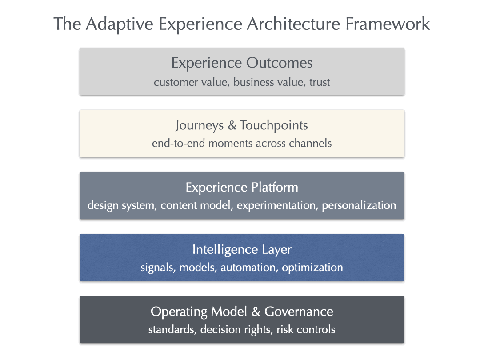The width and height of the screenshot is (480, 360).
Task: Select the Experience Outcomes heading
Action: (x=242, y=63)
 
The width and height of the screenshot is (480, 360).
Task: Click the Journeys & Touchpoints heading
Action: (x=242, y=125)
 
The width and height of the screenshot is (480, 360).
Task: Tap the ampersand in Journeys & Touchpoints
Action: (x=232, y=125)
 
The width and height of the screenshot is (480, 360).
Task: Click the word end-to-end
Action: (x=178, y=144)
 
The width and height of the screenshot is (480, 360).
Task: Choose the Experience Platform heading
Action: (x=242, y=187)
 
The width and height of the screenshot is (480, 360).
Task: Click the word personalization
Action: (x=359, y=206)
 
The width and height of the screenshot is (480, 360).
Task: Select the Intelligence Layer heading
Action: (x=242, y=249)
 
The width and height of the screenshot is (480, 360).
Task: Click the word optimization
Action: (x=312, y=268)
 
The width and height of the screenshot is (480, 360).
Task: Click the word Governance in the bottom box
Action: (x=299, y=311)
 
